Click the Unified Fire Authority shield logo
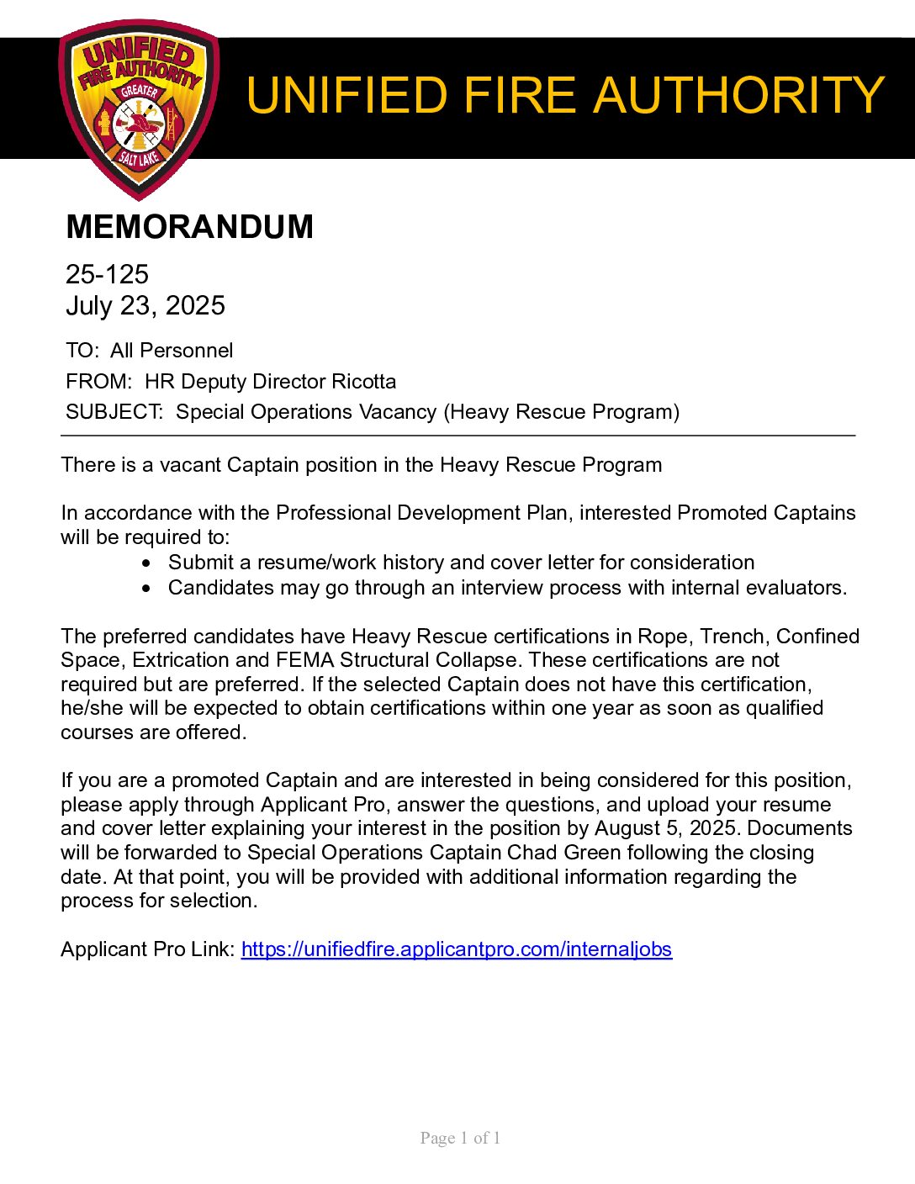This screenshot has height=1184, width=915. [140, 109]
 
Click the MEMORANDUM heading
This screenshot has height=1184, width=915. [189, 227]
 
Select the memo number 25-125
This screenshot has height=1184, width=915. [107, 274]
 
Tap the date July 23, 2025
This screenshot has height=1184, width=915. [145, 305]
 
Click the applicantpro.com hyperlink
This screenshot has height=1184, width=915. [457, 949]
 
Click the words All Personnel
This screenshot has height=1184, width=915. [172, 351]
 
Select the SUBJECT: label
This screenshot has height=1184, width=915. [114, 412]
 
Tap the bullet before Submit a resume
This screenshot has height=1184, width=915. [148, 563]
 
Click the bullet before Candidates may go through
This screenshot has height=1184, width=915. [148, 589]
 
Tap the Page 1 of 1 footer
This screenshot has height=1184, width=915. [460, 1139]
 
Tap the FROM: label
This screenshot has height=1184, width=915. [98, 382]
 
